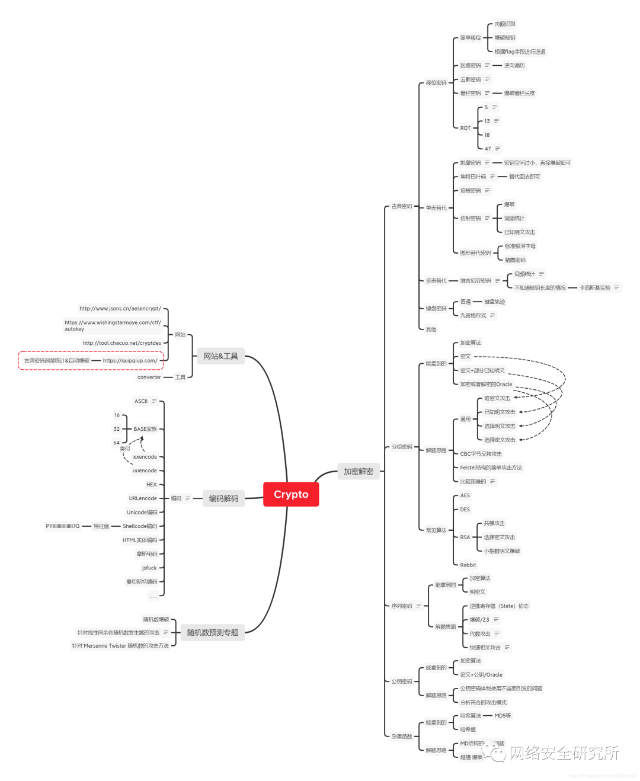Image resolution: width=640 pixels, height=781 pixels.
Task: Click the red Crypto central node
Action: coord(291,494)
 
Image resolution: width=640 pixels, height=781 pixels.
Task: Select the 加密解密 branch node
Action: coord(359,472)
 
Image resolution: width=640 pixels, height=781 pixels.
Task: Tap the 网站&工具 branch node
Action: coord(220,356)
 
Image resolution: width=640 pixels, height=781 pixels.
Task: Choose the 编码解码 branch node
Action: coord(223,498)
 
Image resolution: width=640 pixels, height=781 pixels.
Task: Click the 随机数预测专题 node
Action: coord(213,632)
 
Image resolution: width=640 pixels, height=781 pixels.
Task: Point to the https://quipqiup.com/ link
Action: coord(130,360)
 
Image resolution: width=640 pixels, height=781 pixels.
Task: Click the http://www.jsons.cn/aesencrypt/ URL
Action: coord(120,309)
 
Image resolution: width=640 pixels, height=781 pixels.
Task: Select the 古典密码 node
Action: coord(401,206)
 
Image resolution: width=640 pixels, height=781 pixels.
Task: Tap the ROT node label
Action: coord(465,128)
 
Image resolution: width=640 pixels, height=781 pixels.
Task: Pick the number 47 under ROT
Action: coord(488,149)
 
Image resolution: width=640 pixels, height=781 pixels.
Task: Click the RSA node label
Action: coord(465,537)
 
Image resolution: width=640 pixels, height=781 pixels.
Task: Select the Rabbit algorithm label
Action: coord(468,565)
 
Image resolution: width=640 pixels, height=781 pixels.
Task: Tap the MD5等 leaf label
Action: coord(503,716)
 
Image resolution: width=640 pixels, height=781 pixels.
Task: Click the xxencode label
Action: coord(145,457)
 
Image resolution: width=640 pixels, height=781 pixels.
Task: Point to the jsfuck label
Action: coord(149,568)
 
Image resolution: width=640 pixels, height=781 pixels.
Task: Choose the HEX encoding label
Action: coord(152,485)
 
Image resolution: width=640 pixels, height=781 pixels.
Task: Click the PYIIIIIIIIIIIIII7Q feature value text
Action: coord(62,526)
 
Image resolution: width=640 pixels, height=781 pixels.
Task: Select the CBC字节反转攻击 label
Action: coord(481,454)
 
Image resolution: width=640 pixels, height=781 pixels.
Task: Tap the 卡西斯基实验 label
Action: coord(595,288)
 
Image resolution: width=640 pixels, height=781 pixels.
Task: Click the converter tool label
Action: coord(149,377)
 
